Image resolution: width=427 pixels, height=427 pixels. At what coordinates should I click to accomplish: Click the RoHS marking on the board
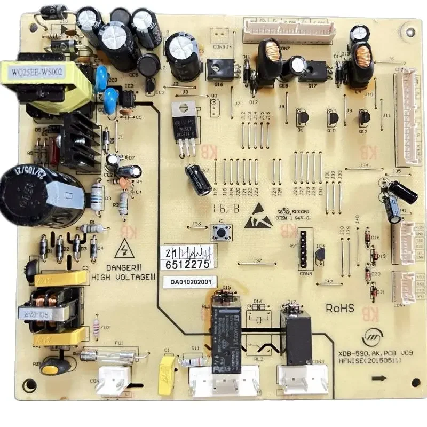[340, 308]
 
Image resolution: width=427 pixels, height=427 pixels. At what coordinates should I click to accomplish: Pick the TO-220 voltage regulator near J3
[182, 123]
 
